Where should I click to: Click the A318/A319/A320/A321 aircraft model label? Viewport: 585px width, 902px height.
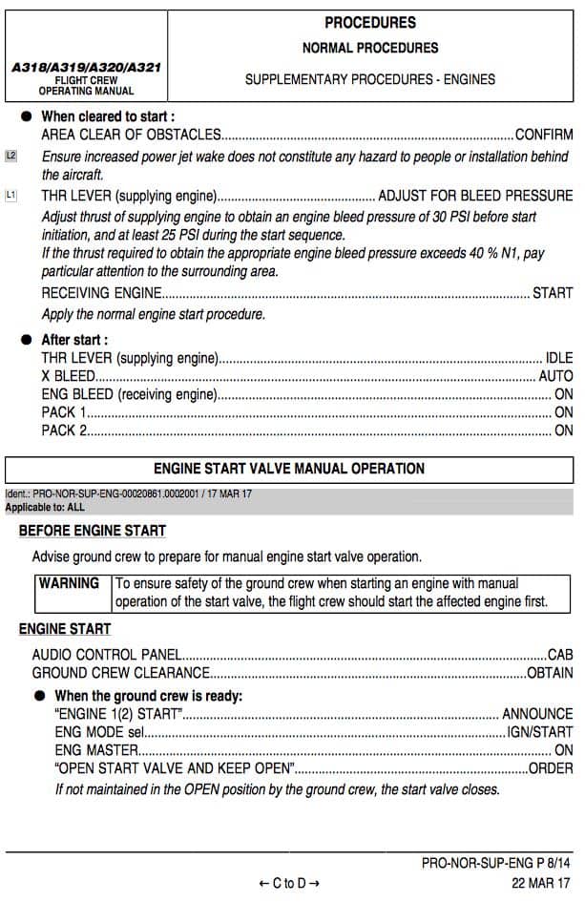(x=86, y=69)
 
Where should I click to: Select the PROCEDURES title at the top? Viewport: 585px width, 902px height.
(x=370, y=23)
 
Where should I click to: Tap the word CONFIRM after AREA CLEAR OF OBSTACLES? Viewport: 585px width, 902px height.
(x=544, y=135)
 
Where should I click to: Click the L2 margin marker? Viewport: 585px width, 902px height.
(x=11, y=156)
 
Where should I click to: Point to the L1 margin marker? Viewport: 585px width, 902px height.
(x=11, y=196)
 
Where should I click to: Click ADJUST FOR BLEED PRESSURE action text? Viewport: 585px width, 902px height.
(x=475, y=196)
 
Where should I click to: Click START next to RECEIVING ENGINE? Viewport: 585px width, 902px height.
(x=553, y=293)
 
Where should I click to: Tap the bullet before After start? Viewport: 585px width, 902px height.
(x=27, y=340)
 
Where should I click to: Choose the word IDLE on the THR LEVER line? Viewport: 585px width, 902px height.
(x=558, y=358)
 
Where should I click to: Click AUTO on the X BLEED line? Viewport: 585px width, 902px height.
(x=555, y=376)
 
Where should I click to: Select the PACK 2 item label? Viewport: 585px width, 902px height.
(x=64, y=430)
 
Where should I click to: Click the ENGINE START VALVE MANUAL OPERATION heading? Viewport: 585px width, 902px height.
(x=289, y=469)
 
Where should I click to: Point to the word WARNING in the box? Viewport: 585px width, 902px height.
(x=69, y=583)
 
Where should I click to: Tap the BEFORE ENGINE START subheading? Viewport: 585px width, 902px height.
(x=93, y=531)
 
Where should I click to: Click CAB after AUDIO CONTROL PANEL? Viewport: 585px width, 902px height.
(x=560, y=656)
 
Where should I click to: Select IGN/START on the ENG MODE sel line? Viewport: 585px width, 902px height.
(x=540, y=732)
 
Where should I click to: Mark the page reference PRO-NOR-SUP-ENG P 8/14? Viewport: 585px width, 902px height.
(x=496, y=864)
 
